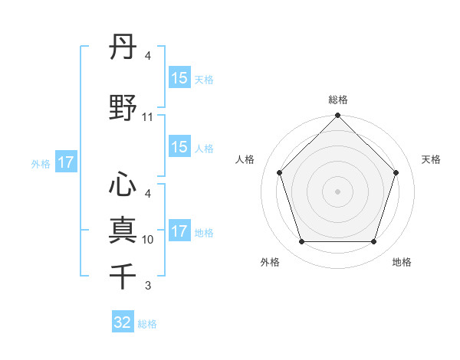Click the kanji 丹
[x=123, y=50]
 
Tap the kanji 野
[x=123, y=107]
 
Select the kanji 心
[x=123, y=184]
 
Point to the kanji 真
[x=123, y=230]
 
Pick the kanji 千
[x=123, y=275]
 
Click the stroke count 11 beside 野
[x=148, y=117]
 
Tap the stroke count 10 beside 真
[x=148, y=240]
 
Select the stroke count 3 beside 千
[x=148, y=286]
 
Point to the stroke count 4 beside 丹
[x=148, y=57]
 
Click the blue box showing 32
[x=123, y=322]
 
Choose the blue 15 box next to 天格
[x=179, y=78]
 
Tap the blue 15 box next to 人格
[x=179, y=147]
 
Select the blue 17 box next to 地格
[x=179, y=231]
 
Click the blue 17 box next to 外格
[x=65, y=162]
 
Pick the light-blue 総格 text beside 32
[x=147, y=324]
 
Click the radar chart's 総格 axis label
[x=338, y=100]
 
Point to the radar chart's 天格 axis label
[x=431, y=159]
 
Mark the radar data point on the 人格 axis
[x=279, y=172]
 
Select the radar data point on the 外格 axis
[x=301, y=242]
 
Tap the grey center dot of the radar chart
[x=337, y=191]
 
